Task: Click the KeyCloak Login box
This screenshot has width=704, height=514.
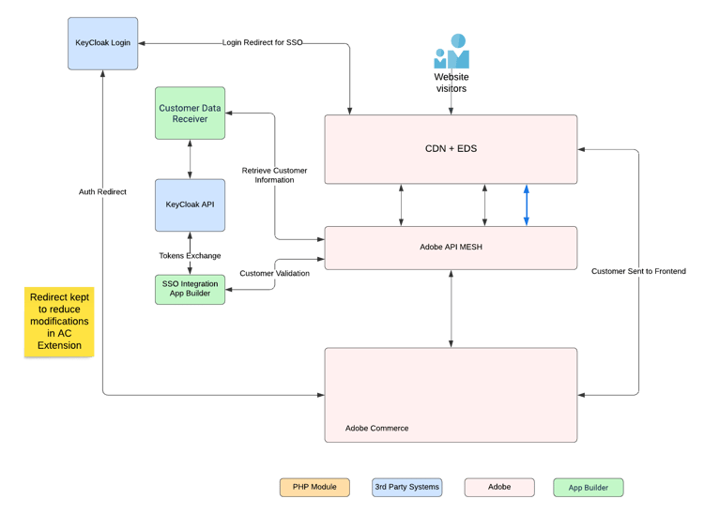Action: [103, 42]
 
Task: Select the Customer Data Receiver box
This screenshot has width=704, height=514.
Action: [191, 113]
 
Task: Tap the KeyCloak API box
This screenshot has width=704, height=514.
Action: [191, 204]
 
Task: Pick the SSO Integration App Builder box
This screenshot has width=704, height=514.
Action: [191, 289]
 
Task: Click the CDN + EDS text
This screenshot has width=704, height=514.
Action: [451, 148]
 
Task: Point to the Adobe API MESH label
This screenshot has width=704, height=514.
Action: [451, 248]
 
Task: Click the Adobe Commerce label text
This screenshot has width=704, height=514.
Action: [376, 428]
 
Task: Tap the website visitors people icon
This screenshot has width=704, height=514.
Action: [451, 53]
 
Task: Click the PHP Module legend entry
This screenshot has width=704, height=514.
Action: [314, 487]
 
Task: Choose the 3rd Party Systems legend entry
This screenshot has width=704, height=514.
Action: [406, 487]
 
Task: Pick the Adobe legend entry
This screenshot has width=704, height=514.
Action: [499, 487]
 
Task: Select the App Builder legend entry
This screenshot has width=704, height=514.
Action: [588, 487]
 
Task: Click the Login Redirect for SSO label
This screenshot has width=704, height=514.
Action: [263, 43]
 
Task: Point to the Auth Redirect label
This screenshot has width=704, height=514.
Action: [103, 191]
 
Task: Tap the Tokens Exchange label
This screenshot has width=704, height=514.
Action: [191, 255]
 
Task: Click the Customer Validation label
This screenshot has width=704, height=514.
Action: [274, 273]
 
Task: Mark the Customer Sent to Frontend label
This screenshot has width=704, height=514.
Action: [638, 271]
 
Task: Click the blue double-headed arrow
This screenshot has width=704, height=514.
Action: [527, 205]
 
